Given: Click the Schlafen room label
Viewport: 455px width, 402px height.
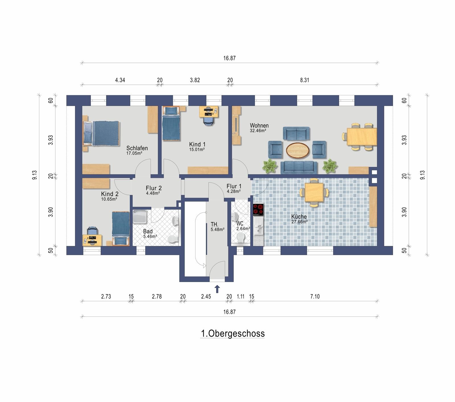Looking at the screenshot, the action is (x=137, y=148).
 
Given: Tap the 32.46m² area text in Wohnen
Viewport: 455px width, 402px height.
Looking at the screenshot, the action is (x=258, y=131).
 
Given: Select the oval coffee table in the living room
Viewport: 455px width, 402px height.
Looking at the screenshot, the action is (x=297, y=150).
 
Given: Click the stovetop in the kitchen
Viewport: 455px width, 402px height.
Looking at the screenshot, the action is (x=258, y=210).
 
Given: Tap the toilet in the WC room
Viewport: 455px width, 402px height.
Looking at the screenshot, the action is (x=241, y=238).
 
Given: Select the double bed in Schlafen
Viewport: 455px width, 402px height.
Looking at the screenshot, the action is (x=101, y=133).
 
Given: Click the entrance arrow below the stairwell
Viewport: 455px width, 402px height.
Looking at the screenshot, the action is (x=217, y=289).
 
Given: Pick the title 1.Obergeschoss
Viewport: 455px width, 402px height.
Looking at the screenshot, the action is (x=233, y=333).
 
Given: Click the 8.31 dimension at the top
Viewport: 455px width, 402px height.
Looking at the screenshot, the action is (x=305, y=80).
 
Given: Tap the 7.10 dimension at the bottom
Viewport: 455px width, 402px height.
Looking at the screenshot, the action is (x=315, y=297).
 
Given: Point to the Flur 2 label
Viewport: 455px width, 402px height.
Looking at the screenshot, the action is (x=154, y=188).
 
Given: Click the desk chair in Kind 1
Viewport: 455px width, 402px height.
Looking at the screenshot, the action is (x=209, y=121).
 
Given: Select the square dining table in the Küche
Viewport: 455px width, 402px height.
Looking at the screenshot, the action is (x=314, y=192).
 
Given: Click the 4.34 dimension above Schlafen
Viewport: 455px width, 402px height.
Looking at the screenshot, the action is (x=120, y=80).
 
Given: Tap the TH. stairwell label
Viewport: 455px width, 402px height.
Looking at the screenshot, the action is (x=214, y=224).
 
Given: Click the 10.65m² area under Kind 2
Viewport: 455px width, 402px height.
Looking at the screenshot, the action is (x=109, y=199).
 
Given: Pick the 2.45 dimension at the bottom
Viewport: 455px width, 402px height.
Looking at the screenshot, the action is (x=206, y=297).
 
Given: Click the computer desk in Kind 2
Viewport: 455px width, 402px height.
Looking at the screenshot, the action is (x=92, y=240).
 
